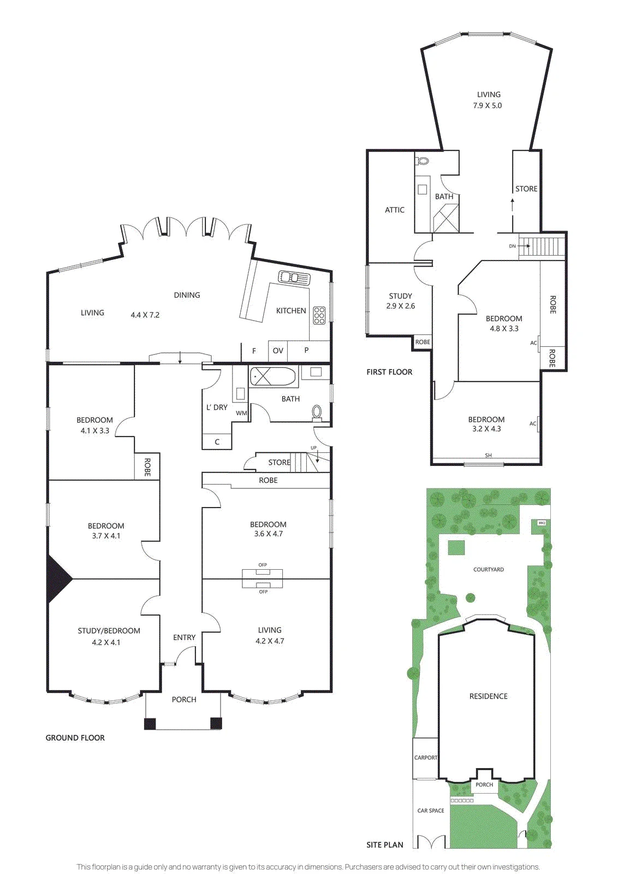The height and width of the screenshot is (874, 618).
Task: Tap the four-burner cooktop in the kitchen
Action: click(319, 315)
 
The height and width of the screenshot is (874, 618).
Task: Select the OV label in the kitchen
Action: click(278, 351)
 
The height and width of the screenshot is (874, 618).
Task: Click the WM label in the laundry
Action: click(241, 413)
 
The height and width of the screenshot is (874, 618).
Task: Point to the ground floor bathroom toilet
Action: click(317, 413)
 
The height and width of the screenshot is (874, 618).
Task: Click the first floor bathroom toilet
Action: click(422, 161)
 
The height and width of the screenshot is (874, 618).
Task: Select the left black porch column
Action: click(150, 724)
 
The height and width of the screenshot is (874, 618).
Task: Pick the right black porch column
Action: click(216, 724)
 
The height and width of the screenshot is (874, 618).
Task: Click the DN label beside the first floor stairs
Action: click(512, 246)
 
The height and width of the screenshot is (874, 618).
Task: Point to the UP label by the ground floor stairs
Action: click(313, 448)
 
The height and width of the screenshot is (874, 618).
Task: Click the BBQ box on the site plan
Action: click(541, 523)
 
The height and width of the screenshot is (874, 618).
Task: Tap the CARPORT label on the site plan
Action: click(425, 758)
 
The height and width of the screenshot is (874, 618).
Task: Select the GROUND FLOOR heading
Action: click(75, 738)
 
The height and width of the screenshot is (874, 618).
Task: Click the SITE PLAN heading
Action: click(385, 845)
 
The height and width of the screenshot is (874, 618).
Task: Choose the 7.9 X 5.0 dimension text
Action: click(488, 105)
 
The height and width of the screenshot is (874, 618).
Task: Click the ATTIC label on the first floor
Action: click(395, 210)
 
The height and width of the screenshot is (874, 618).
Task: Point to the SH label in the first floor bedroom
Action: click(488, 455)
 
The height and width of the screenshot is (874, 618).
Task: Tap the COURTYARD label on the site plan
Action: click(489, 569)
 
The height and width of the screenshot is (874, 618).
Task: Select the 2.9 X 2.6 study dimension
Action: click(400, 306)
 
